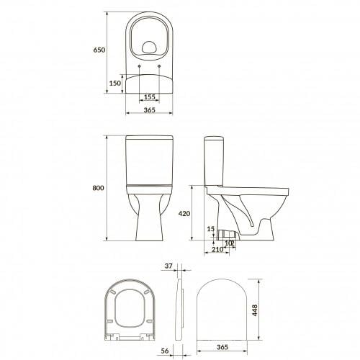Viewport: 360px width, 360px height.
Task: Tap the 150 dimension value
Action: (x=114, y=83)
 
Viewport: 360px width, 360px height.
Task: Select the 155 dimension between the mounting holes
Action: (x=149, y=96)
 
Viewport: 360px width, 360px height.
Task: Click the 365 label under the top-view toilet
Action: (x=149, y=110)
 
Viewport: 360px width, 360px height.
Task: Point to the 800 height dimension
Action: (x=99, y=188)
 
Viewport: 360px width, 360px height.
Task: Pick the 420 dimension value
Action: (x=185, y=213)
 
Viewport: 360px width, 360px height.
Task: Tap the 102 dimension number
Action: (x=229, y=243)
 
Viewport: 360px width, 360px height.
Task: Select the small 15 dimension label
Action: (x=210, y=229)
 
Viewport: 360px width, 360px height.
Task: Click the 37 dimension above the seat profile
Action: (x=168, y=266)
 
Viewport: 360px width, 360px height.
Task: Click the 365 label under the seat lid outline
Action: (x=223, y=348)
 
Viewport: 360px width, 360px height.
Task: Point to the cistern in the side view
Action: (x=215, y=160)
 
